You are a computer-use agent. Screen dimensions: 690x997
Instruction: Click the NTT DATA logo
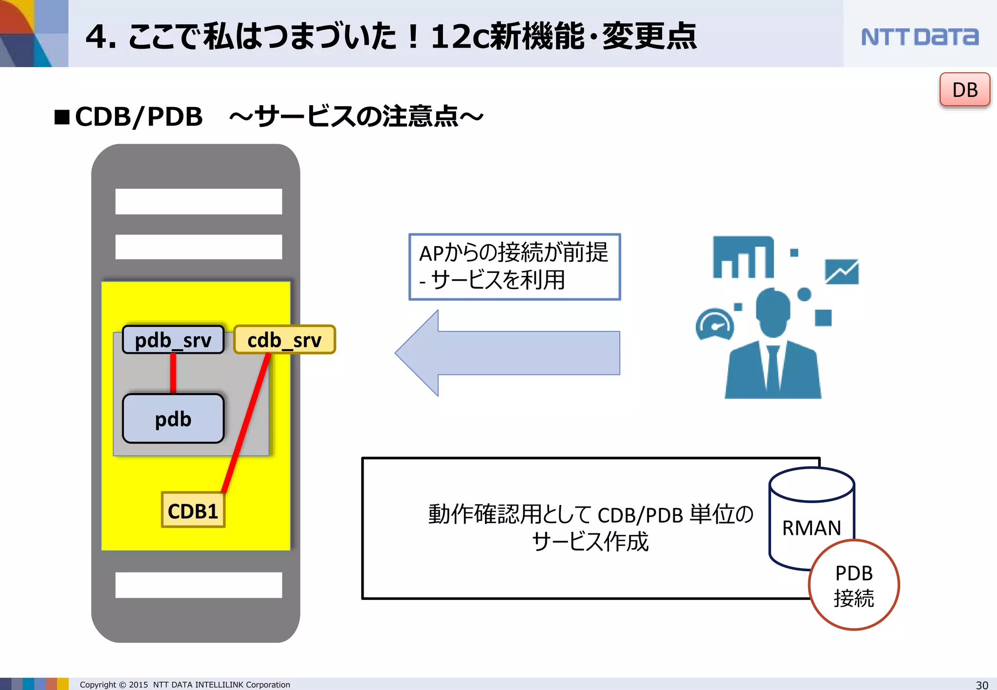coord(919,37)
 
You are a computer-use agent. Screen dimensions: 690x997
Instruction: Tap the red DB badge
coord(964,90)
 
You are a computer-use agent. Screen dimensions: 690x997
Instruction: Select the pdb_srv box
coord(173,340)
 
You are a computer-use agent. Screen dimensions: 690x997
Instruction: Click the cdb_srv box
coord(285,340)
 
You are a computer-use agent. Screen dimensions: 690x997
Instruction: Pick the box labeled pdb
coord(173,418)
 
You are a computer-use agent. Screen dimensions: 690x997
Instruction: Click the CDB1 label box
coord(193,510)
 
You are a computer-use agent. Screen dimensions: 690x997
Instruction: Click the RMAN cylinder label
coord(812,527)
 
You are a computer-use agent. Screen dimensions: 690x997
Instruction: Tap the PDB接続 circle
coord(854,585)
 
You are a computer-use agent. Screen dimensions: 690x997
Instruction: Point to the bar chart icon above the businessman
coord(743,257)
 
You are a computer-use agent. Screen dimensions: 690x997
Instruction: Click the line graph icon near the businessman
coord(842,272)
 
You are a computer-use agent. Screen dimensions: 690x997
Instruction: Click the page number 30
coord(982,685)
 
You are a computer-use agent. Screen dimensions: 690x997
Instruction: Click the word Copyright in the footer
coord(98,685)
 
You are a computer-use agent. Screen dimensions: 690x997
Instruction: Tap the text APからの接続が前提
coord(514,253)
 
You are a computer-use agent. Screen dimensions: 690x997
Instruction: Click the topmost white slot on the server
coord(199,201)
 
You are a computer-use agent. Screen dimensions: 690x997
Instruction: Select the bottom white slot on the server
coord(199,584)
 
